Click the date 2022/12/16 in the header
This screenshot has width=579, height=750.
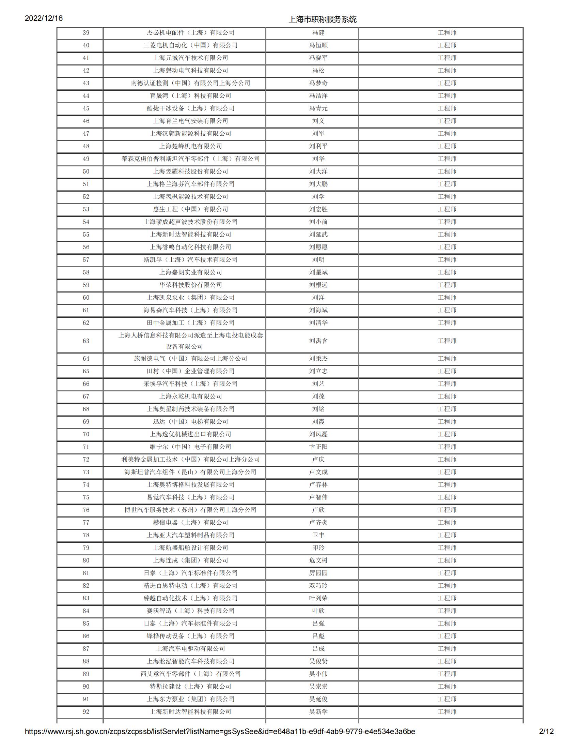44,18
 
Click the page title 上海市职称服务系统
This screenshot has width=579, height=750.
322,19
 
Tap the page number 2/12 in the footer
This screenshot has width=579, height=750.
546,732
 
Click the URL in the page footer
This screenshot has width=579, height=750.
220,732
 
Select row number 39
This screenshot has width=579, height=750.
86,33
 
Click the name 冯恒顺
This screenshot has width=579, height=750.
318,45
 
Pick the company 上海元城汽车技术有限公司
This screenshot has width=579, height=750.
190,58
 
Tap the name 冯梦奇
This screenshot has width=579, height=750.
318,83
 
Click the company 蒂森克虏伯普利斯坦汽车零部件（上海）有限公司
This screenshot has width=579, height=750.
190,159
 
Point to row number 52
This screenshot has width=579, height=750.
86,197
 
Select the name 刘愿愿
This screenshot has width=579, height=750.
318,247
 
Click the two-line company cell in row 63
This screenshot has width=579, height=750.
190,341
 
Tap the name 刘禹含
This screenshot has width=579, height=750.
318,341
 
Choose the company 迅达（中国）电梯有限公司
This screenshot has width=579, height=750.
190,422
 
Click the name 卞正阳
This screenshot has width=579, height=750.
318,447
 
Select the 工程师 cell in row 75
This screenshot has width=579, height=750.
447,498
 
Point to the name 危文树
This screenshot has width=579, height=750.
318,560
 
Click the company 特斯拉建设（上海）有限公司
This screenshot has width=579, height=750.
190,687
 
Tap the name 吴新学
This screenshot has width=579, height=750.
318,712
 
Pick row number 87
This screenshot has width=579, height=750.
86,649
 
